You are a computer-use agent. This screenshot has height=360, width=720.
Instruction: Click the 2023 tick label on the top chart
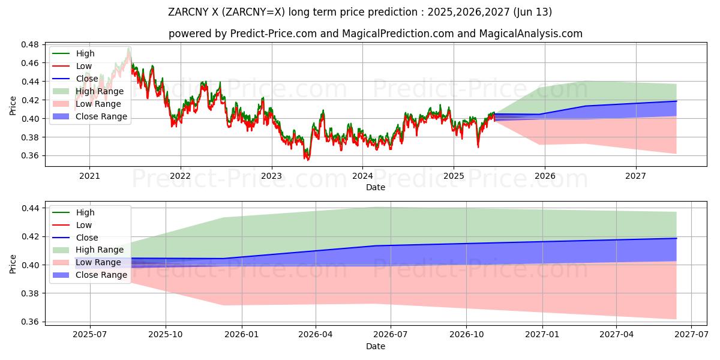(271, 176)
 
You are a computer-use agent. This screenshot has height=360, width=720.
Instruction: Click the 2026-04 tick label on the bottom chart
(316, 335)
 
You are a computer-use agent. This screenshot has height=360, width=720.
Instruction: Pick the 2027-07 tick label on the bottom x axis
(691, 335)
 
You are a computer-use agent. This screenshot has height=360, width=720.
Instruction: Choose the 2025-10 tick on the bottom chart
(166, 335)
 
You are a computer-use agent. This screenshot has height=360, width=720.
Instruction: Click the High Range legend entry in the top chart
(100, 91)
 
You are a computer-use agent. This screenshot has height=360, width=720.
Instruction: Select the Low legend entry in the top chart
(84, 66)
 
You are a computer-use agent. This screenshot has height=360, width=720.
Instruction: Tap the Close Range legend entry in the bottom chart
(101, 275)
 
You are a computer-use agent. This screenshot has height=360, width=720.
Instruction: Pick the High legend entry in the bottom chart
(85, 212)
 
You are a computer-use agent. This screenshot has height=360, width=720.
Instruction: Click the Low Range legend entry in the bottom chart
(98, 262)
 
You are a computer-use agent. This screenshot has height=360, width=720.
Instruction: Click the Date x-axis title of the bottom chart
(376, 346)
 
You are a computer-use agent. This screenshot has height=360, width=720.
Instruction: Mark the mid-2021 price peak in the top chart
(128, 47)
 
